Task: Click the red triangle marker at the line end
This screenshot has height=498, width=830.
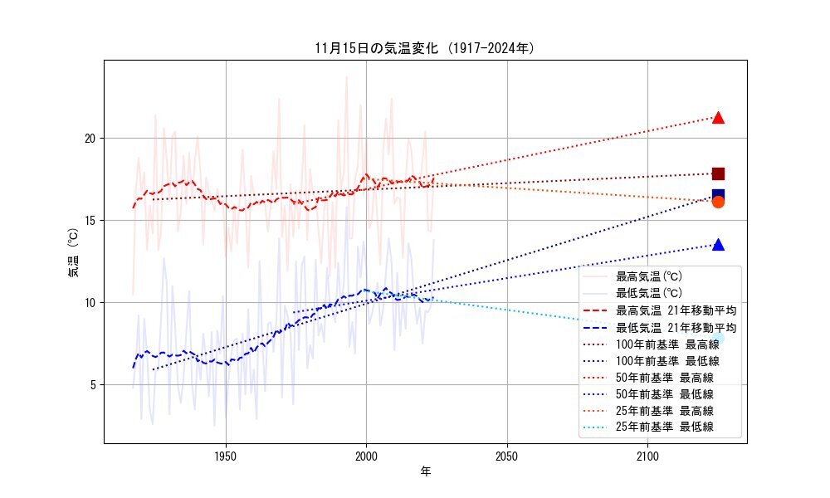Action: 718,118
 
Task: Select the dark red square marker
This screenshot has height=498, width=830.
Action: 718,173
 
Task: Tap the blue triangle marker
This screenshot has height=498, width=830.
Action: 718,245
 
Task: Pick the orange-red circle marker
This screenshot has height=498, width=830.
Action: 718,202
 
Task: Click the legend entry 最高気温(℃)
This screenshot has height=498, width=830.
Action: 648,276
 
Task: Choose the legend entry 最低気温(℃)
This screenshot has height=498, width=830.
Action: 648,293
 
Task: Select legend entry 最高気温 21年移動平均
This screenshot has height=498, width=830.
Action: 676,310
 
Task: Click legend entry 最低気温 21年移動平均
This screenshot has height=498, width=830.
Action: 676,328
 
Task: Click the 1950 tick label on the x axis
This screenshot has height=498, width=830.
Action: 226,456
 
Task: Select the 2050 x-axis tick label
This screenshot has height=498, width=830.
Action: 507,456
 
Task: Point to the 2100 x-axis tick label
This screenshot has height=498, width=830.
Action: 647,456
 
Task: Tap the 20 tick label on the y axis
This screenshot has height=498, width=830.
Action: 90,138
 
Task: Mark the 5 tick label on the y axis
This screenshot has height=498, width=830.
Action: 94,384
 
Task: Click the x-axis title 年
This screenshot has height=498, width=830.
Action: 425,472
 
